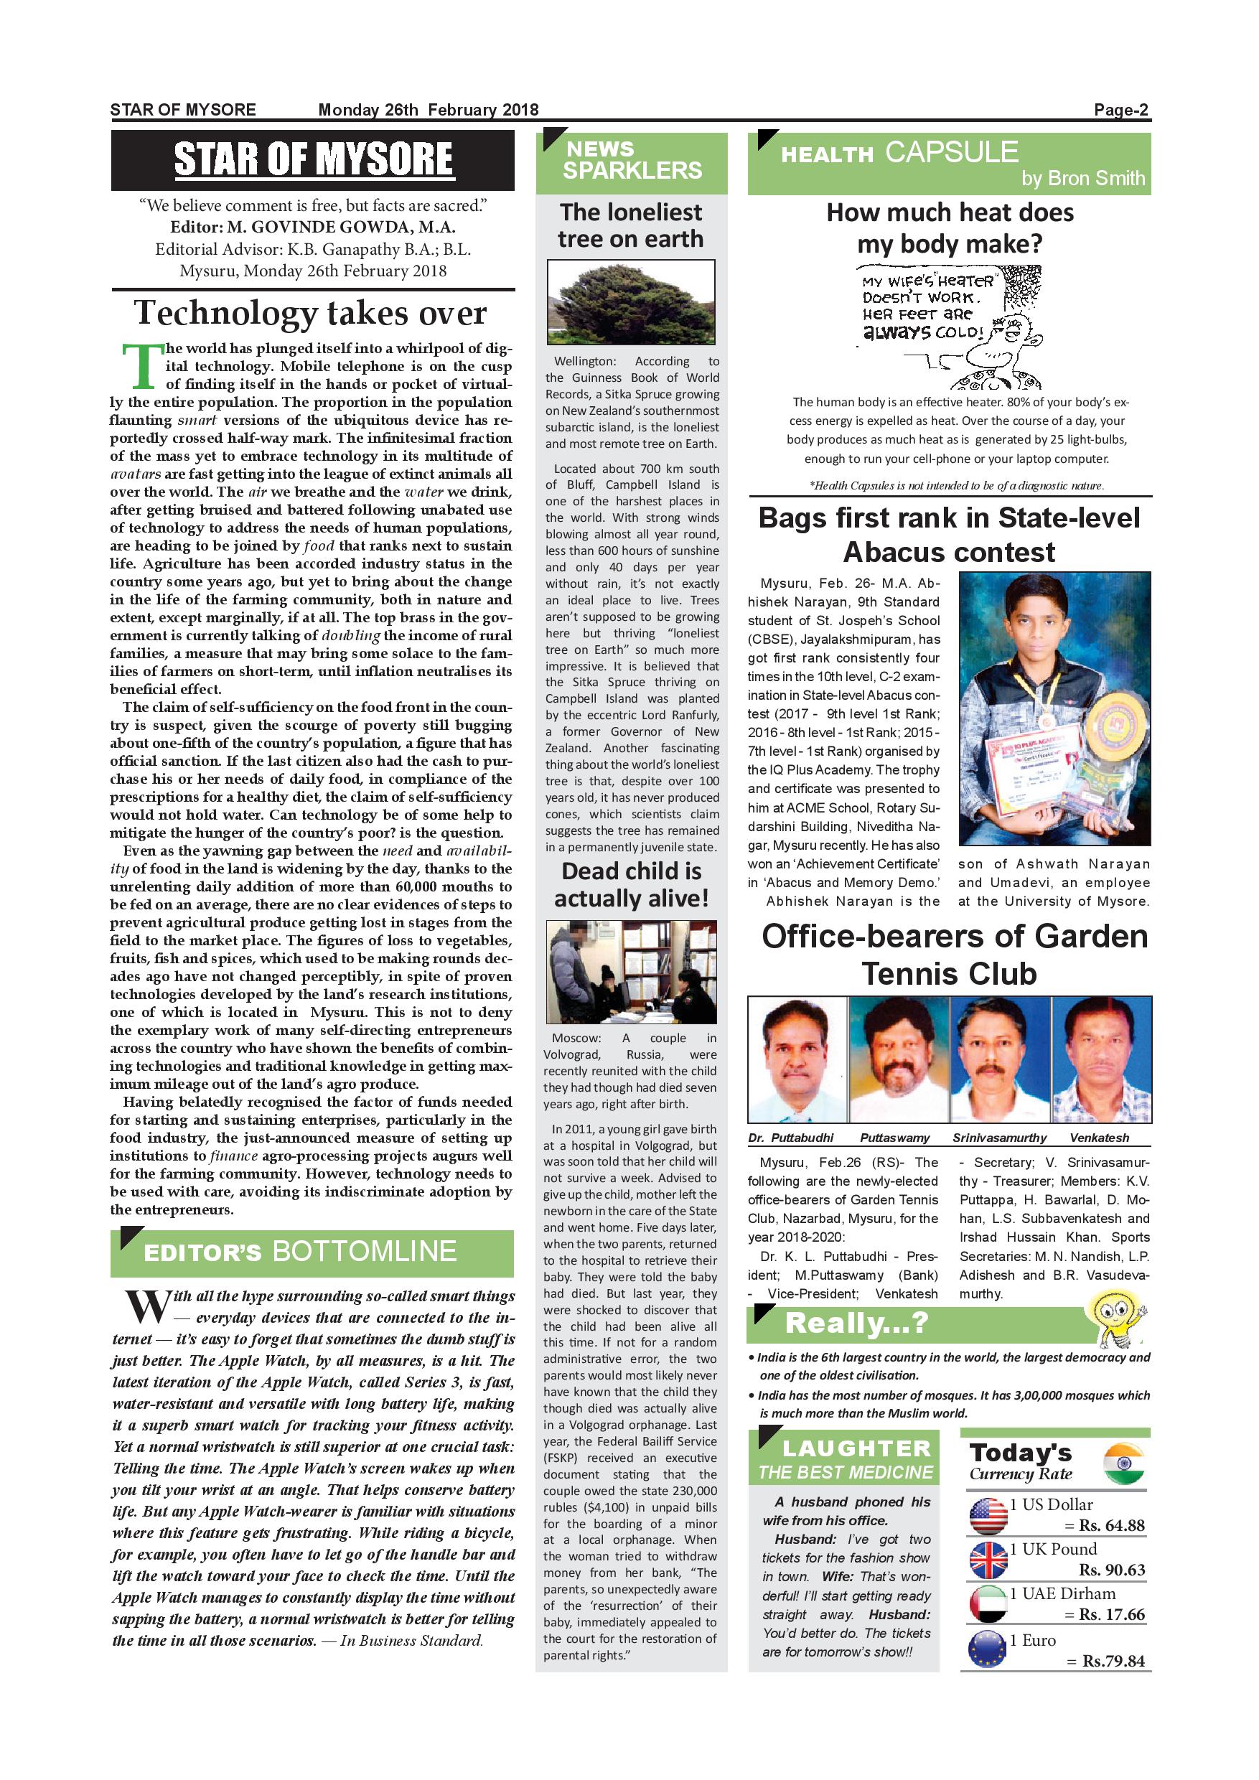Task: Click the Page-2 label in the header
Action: tap(1120, 110)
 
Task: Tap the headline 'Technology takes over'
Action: tap(311, 313)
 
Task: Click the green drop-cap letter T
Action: tap(143, 367)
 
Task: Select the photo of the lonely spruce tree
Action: tap(631, 301)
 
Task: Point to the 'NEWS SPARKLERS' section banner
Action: tap(631, 161)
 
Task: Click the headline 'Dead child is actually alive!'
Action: tap(631, 884)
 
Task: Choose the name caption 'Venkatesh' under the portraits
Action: tap(1100, 1138)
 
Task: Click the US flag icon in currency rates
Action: tap(988, 1515)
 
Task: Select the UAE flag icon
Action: tap(988, 1603)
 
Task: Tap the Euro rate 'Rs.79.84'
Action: tap(1113, 1661)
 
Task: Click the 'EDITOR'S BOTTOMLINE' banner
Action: tap(312, 1251)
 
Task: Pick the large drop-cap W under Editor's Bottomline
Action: tap(147, 1307)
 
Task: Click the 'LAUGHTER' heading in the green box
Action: tap(856, 1448)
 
